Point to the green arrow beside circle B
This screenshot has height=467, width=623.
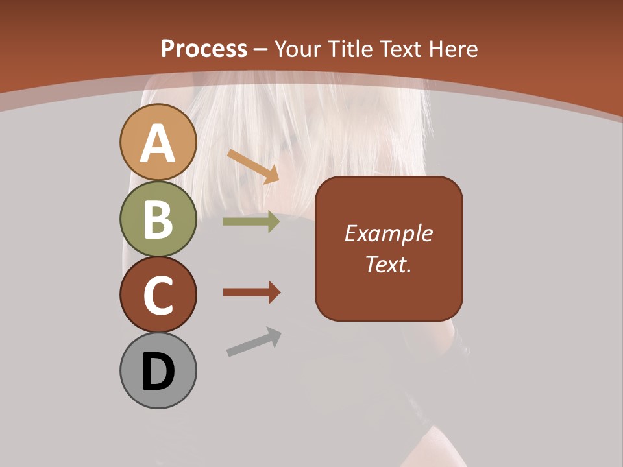[x=251, y=222]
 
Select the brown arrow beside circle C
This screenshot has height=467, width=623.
[x=252, y=293]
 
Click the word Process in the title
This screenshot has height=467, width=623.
[x=204, y=49]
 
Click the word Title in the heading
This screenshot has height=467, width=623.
[x=351, y=49]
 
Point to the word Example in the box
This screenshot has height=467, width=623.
[x=388, y=233]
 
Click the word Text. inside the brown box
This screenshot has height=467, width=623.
[x=388, y=265]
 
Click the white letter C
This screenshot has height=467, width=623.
[x=158, y=296]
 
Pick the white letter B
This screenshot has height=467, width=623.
[x=158, y=219]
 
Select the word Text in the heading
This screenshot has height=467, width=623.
[x=400, y=49]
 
